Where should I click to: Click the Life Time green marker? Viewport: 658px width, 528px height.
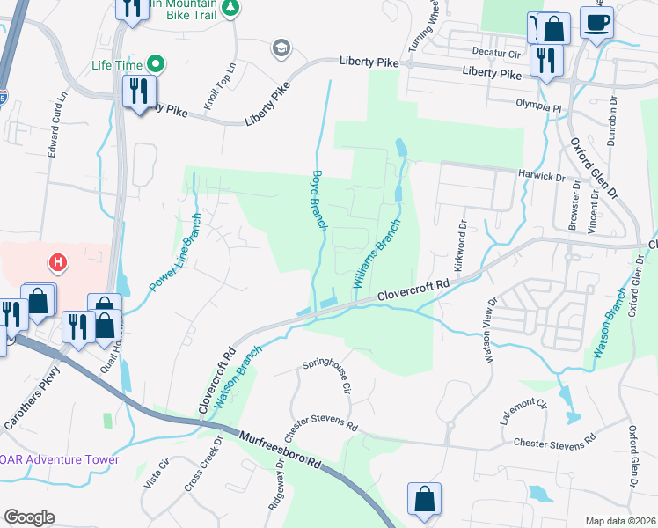[156, 63]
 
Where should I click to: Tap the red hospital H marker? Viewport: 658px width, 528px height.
[57, 262]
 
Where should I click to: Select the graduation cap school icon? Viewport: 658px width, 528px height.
[281, 47]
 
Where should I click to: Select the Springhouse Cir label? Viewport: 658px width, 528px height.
[328, 374]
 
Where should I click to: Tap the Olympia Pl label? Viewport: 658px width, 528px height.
[538, 106]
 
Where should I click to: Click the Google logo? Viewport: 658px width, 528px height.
[29, 517]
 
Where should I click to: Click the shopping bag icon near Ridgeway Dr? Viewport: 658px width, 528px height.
[424, 498]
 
